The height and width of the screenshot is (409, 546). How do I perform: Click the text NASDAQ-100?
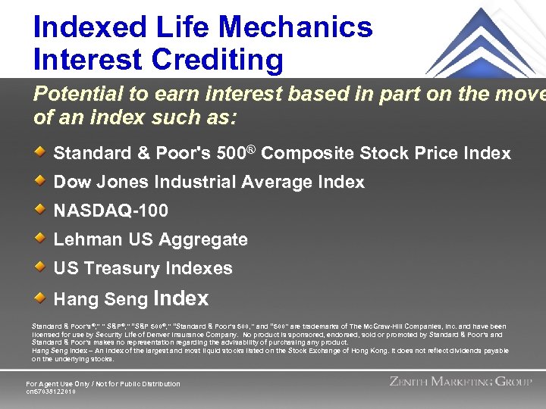[111, 211]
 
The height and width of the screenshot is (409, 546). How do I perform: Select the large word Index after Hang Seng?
[180, 298]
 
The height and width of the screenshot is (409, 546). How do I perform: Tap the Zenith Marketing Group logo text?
[460, 382]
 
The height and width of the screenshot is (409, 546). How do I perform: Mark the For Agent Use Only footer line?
[103, 383]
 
